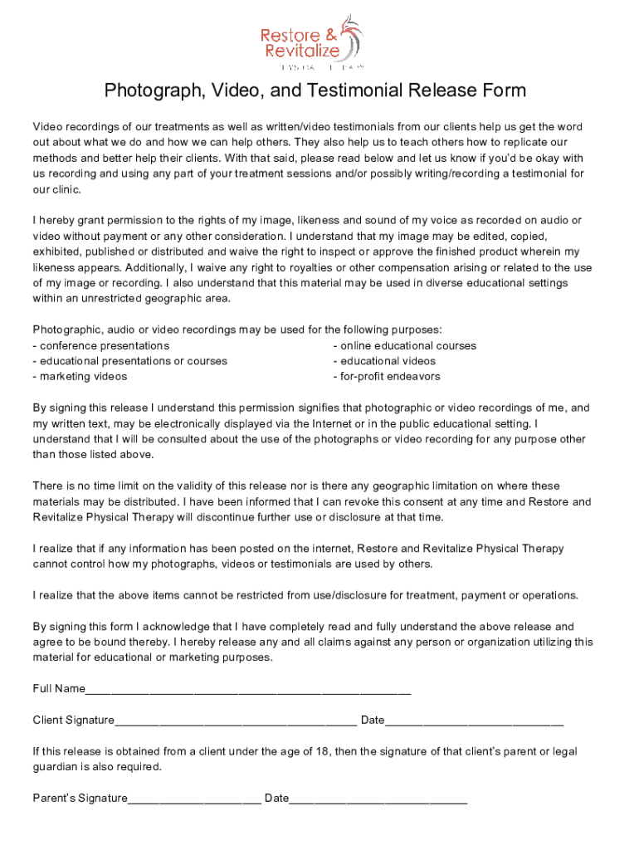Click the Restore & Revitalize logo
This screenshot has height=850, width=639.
click(311, 42)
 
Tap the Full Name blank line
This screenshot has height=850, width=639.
click(248, 689)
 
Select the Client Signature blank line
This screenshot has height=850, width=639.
click(236, 720)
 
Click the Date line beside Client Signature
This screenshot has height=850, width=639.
click(474, 720)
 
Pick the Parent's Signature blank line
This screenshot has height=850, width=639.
click(194, 799)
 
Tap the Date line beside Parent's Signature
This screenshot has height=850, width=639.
click(378, 799)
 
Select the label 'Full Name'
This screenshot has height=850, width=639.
click(59, 689)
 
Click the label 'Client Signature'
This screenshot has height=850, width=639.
click(73, 720)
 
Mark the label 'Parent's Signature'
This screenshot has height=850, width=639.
click(80, 799)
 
